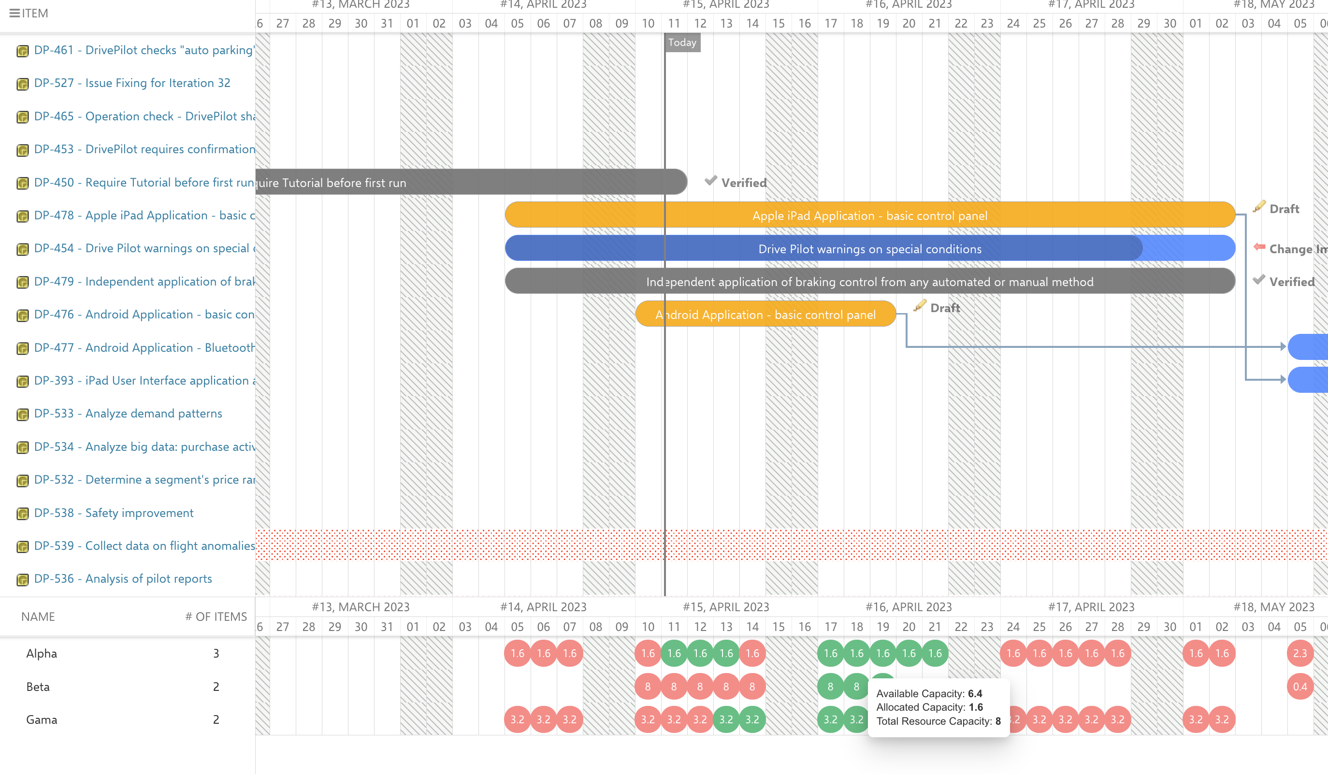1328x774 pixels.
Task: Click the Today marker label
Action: click(682, 43)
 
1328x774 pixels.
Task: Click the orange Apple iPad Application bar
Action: click(869, 215)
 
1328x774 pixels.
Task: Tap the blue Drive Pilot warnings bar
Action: click(869, 249)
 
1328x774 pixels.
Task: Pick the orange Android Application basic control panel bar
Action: click(765, 315)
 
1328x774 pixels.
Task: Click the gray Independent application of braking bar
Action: click(869, 282)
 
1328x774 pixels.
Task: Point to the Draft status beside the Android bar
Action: click(944, 308)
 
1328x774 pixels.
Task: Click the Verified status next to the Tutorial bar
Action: click(744, 183)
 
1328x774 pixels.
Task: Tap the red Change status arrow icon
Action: click(1259, 247)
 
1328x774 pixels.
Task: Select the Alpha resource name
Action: click(42, 653)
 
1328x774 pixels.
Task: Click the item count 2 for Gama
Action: click(216, 720)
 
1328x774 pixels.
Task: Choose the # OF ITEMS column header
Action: click(216, 616)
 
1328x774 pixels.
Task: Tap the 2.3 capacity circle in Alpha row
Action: click(1299, 653)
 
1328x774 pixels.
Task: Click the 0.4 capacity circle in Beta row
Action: click(1299, 687)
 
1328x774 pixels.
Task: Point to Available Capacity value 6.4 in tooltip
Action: click(975, 693)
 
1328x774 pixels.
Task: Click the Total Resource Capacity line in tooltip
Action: click(938, 721)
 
